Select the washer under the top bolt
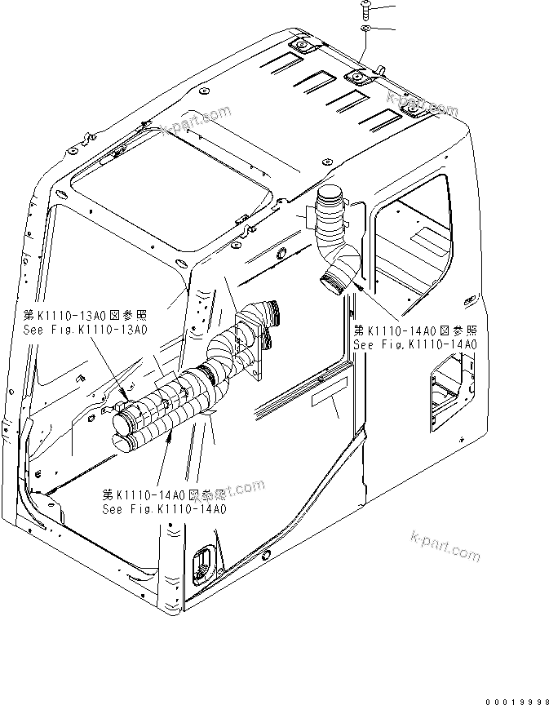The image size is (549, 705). pos(366,29)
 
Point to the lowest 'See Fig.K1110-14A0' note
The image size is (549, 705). pos(164,508)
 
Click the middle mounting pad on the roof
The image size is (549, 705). pos(358,78)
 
